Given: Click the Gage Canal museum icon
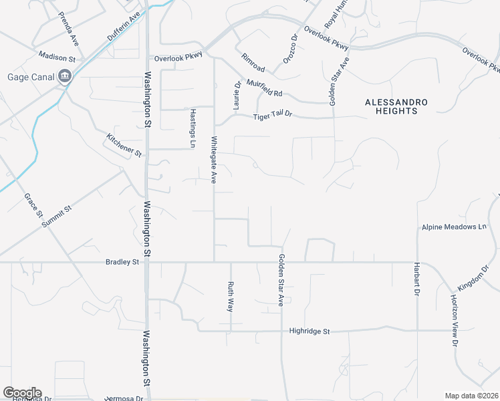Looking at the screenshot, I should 65,76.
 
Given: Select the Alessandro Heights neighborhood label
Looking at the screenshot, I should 396,106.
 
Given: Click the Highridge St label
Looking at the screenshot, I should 309,331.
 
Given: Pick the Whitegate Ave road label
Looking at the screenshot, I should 215,160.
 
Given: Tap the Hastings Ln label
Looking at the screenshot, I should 193,128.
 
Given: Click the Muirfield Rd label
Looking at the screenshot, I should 265,88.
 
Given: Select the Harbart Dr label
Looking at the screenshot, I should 416,283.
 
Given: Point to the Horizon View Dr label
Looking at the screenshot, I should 455,319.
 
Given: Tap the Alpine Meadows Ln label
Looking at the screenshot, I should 454,227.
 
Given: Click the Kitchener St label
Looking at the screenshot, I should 124,145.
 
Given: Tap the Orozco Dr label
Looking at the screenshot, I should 289,50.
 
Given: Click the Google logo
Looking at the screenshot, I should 22,393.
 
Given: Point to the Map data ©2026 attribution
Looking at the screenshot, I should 471,396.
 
